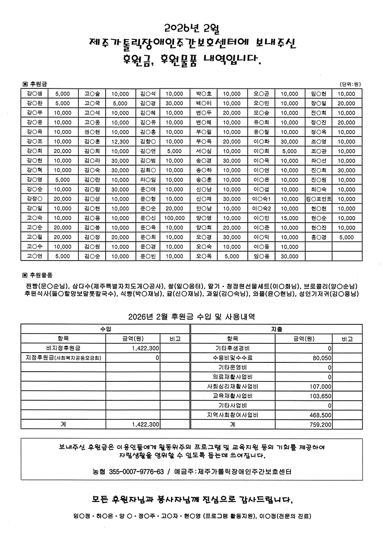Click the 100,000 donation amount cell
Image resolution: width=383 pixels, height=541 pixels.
tap(175, 218)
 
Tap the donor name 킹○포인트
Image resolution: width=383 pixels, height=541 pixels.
tap(319, 199)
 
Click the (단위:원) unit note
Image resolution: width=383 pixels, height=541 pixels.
tap(350, 84)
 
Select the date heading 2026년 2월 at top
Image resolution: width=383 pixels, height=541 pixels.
tap(191, 29)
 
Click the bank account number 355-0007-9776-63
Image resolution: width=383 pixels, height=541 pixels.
tap(137, 472)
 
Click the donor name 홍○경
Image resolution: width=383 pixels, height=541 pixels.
tap(319, 237)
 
